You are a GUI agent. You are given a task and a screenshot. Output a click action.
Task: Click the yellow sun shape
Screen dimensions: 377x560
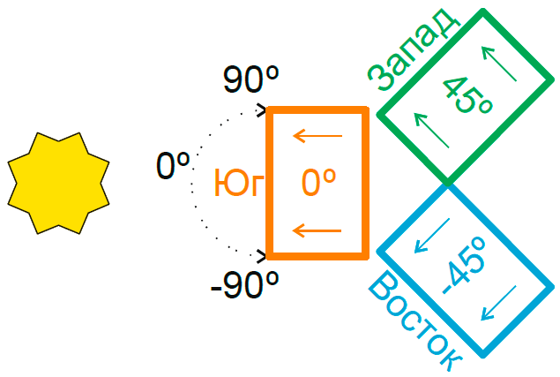tap(58, 183)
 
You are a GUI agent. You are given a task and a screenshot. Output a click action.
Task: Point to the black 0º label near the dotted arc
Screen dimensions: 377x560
tap(174, 165)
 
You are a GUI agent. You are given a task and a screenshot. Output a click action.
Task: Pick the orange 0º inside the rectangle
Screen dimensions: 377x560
tap(318, 184)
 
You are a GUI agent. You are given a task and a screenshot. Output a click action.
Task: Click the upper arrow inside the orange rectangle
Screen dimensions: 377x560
tap(317, 136)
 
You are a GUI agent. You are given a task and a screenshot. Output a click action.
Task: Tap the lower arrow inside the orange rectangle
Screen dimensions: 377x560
tap(317, 232)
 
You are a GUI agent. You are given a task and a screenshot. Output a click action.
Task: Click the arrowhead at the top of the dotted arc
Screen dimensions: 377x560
tap(262, 110)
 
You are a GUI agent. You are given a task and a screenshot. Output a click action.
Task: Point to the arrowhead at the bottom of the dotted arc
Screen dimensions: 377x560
tap(262, 256)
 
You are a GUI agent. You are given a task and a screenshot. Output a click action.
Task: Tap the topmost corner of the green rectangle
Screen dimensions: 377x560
tap(483, 11)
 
